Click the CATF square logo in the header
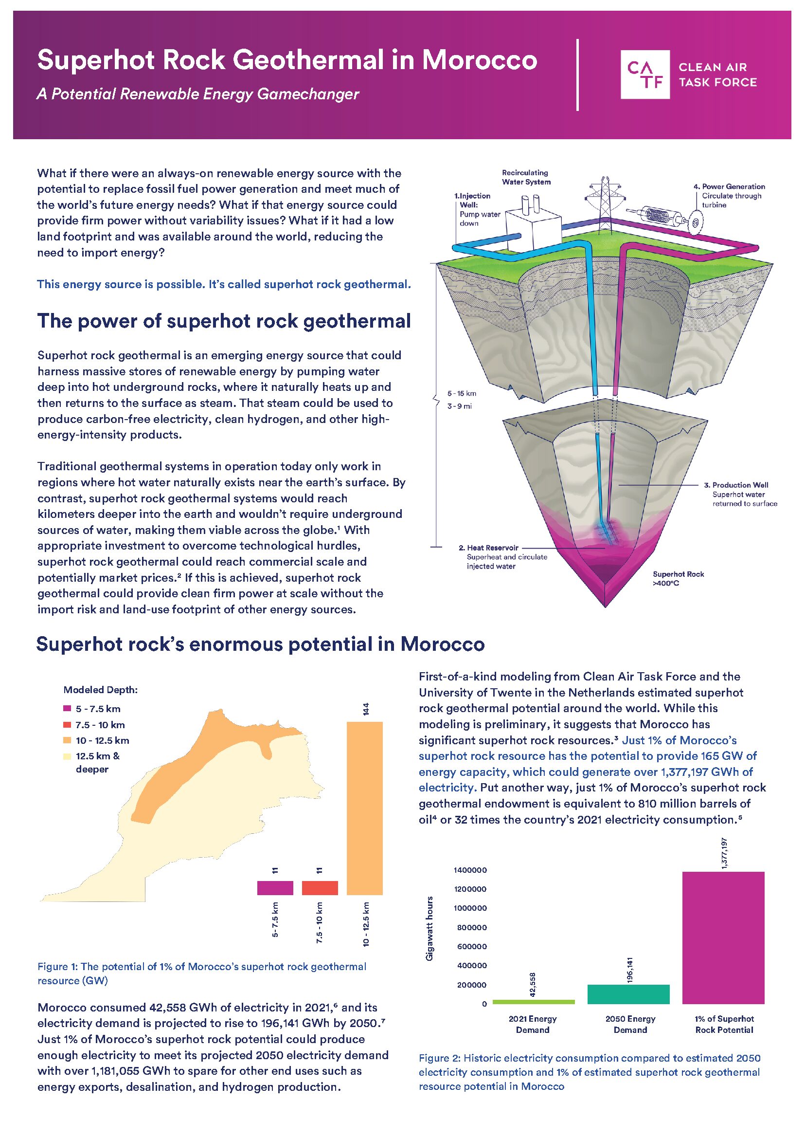pos(645,74)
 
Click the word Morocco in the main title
pos(479,60)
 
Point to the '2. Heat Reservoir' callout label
pos(488,548)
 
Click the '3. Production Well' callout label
pos(739,485)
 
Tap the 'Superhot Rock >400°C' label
pos(678,578)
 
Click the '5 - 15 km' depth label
pos(462,393)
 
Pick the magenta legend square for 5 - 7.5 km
pos(68,708)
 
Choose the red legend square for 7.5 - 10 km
pos(68,724)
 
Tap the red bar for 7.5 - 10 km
pos(320,887)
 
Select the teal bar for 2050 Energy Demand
pos(628,994)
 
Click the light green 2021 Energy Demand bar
pos(534,1002)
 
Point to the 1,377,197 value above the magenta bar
pos(724,853)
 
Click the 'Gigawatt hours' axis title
pos(430,928)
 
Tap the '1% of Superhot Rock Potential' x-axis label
pos(724,1024)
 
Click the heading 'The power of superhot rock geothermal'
pos(224,321)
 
